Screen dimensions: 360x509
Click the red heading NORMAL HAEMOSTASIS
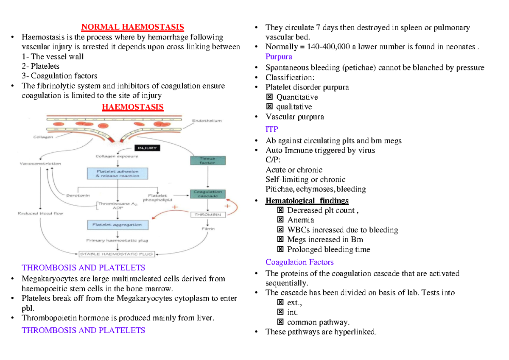pos(132,27)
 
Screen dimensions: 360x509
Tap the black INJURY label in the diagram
pos(147,148)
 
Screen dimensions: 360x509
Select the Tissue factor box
pos(207,160)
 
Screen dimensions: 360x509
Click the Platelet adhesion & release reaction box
pos(118,173)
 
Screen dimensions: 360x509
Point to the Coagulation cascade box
pos(207,194)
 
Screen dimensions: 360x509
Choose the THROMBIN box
pos(207,215)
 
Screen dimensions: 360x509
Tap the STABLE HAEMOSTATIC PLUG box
pos(116,254)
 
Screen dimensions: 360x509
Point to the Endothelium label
pos(207,121)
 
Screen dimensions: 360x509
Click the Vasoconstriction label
pos(40,163)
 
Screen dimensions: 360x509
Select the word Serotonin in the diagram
pos(78,195)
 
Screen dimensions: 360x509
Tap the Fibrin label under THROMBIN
pos(208,229)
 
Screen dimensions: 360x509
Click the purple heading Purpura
pos(279,57)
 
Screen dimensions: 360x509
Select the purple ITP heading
pos(271,129)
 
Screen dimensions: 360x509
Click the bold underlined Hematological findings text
pos(307,201)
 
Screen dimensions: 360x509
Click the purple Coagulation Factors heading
pos(299,262)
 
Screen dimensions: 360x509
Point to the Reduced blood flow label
pos(40,213)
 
